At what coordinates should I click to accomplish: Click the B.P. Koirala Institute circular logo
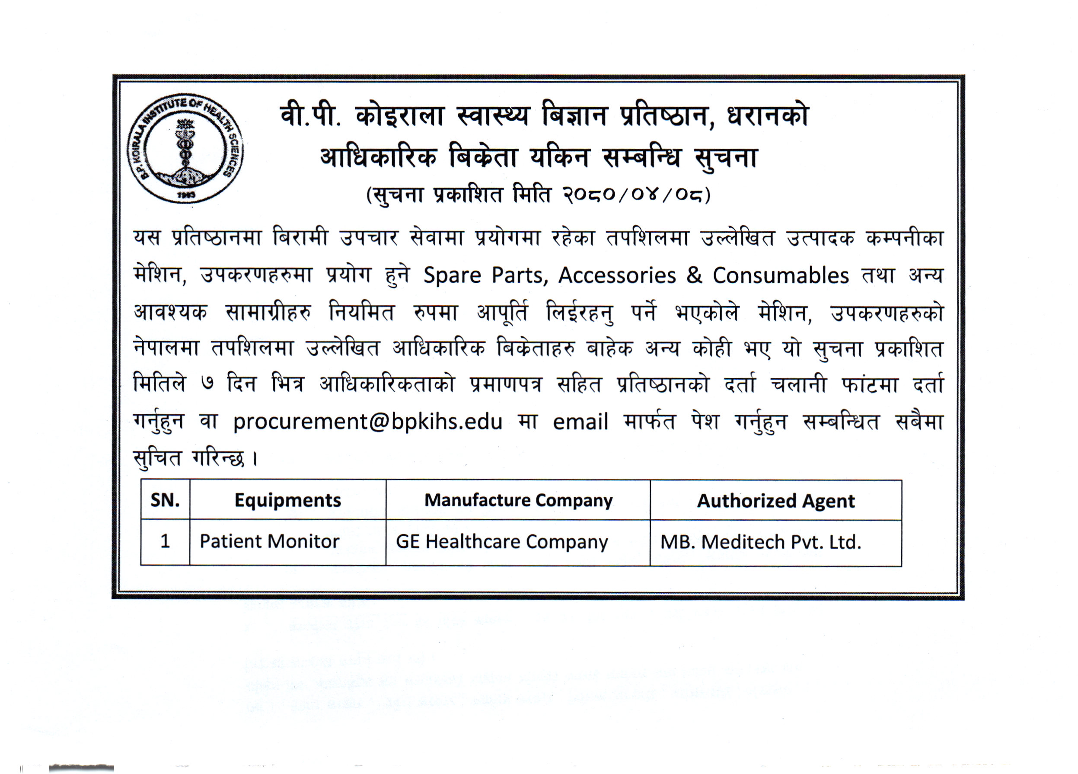pyautogui.click(x=185, y=148)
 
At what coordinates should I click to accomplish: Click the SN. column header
pyautogui.click(x=165, y=500)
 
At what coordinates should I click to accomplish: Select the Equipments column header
pyautogui.click(x=287, y=500)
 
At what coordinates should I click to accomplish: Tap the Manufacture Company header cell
pyautogui.click(x=518, y=500)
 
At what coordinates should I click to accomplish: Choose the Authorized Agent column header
pyautogui.click(x=776, y=501)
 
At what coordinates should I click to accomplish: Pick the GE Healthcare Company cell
pyautogui.click(x=501, y=542)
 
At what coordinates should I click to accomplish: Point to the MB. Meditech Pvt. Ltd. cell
pyautogui.click(x=760, y=542)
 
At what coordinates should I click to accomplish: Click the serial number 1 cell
pyautogui.click(x=165, y=541)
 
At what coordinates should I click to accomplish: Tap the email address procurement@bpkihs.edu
pyautogui.click(x=367, y=422)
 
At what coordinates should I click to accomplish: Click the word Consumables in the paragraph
pyautogui.click(x=781, y=276)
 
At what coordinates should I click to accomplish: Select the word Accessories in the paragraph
pyautogui.click(x=616, y=276)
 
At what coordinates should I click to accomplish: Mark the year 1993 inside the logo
pyautogui.click(x=186, y=195)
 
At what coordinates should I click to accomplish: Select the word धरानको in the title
pyautogui.click(x=768, y=116)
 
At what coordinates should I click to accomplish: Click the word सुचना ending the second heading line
pyautogui.click(x=726, y=158)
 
